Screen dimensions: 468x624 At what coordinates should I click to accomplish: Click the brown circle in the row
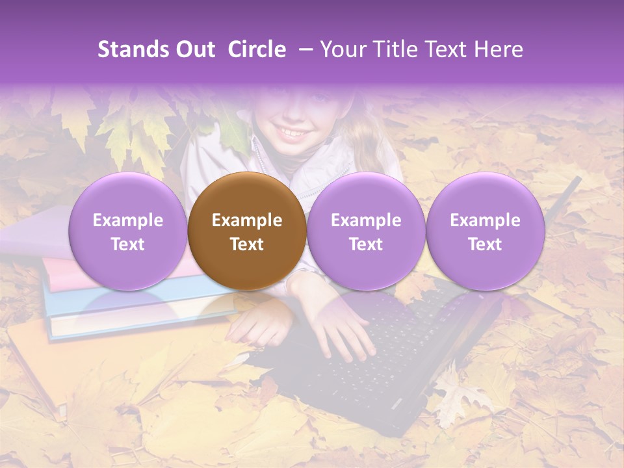pyautogui.click(x=246, y=231)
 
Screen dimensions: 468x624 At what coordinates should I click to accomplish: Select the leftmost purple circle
pyautogui.click(x=127, y=231)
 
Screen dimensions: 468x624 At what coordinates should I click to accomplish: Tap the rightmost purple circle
pyautogui.click(x=485, y=231)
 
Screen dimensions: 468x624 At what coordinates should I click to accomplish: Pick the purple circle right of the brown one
pyautogui.click(x=366, y=231)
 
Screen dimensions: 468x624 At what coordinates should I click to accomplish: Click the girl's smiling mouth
pyautogui.click(x=294, y=133)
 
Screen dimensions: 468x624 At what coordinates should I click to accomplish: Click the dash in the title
pyautogui.click(x=304, y=49)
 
